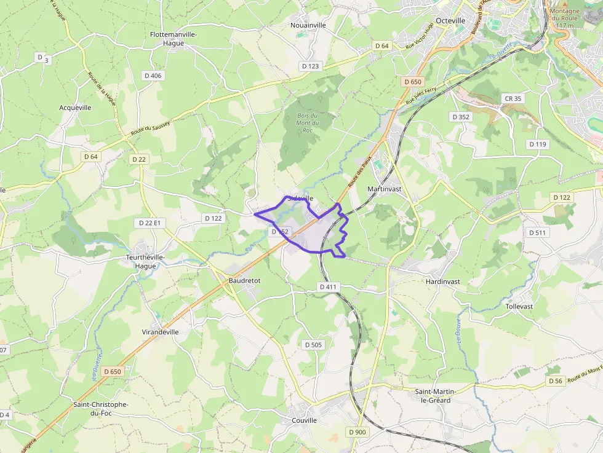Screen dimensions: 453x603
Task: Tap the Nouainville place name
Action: click(308, 25)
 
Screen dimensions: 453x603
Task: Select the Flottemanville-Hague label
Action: click(174, 39)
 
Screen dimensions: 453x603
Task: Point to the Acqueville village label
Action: click(75, 108)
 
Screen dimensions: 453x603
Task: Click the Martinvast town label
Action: click(384, 189)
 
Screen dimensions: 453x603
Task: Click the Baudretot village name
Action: click(244, 280)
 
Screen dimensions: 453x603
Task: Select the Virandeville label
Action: click(160, 331)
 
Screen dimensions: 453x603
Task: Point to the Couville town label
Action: click(304, 420)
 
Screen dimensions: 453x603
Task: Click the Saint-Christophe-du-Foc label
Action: click(100, 409)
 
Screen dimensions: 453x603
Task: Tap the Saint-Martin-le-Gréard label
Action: click(433, 396)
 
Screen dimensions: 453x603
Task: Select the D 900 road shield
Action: click(357, 432)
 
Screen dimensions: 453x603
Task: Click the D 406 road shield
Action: click(152, 75)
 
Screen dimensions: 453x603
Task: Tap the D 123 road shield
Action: click(311, 65)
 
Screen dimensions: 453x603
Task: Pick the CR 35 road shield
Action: click(513, 98)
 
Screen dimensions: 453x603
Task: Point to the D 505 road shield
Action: click(313, 345)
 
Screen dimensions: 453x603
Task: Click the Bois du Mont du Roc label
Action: click(307, 123)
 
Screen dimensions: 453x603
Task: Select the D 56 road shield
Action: click(555, 381)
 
